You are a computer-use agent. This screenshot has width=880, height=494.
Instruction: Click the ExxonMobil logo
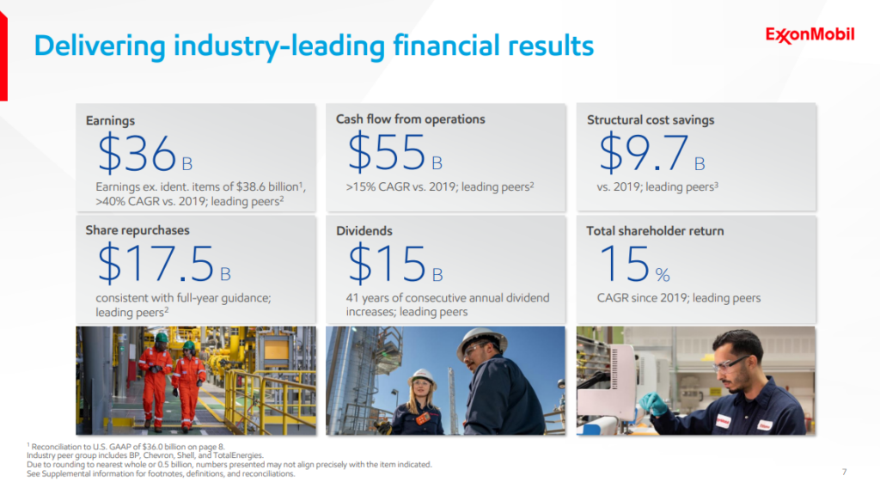click(810, 35)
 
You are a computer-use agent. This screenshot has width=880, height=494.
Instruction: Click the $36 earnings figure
click(137, 154)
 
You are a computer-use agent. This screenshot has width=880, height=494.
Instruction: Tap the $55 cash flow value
click(388, 153)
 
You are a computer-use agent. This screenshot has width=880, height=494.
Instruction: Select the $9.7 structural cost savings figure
click(644, 153)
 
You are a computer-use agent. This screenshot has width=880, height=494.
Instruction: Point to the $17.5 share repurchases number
click(156, 264)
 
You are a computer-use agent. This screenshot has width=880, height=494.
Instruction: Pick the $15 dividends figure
click(388, 264)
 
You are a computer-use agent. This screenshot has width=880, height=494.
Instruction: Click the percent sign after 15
click(662, 275)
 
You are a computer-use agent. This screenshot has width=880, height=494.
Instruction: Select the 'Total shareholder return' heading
click(655, 230)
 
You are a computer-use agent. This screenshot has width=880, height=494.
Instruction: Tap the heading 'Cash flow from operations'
click(410, 119)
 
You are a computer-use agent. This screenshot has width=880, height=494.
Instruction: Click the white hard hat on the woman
click(422, 375)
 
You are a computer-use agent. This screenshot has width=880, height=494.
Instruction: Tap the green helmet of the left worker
click(161, 338)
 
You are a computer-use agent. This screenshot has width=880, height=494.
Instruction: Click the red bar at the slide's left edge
click(3, 52)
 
